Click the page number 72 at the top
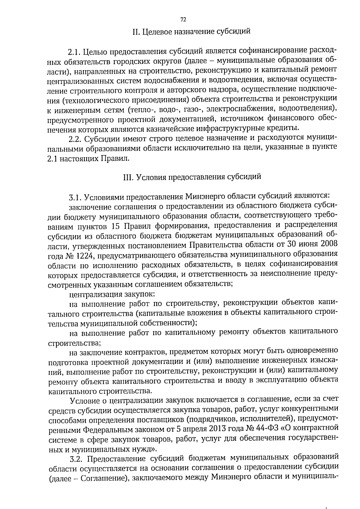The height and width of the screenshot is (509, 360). (x=183, y=20)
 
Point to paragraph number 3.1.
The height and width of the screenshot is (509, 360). (x=75, y=197)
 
